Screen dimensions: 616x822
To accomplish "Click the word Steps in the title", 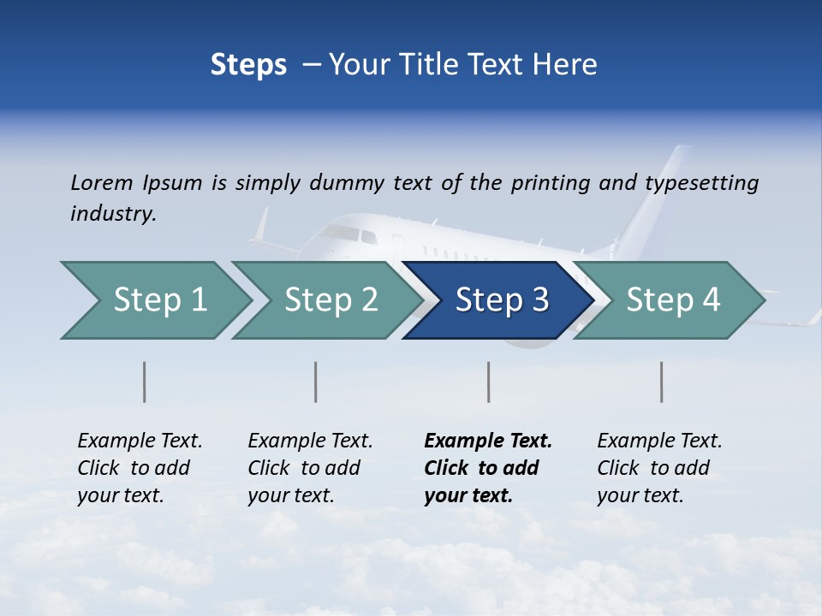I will click(248, 64).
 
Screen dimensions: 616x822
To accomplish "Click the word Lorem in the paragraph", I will click(102, 182).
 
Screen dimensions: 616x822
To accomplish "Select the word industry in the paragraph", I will click(113, 213).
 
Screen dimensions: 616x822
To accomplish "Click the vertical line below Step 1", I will click(145, 382).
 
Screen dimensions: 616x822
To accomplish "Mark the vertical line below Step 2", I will click(316, 382).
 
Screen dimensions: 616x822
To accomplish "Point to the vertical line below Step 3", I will click(489, 382).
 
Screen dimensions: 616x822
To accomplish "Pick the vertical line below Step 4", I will click(662, 382).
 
